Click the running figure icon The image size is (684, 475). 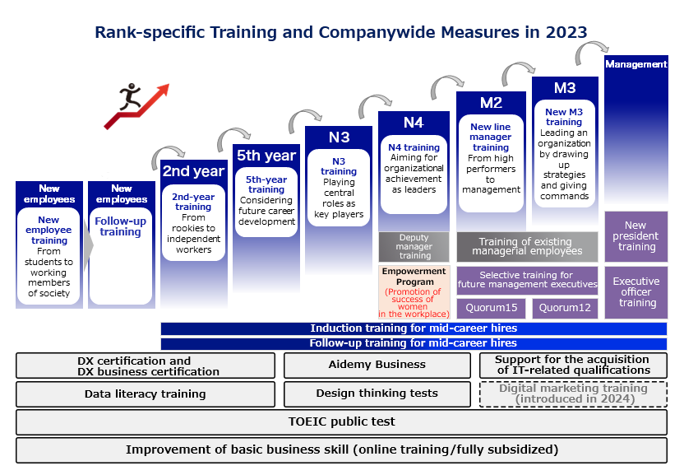click(130, 96)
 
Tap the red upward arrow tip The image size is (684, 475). click(168, 85)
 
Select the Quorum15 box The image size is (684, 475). click(491, 308)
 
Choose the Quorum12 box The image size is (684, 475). click(565, 308)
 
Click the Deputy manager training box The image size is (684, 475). click(414, 247)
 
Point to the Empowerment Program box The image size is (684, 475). click(414, 292)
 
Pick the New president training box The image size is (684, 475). click(636, 236)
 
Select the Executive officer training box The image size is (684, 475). click(636, 292)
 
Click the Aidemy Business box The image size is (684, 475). click(377, 365)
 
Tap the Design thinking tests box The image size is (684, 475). click(377, 394)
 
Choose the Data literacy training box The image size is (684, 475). click(146, 394)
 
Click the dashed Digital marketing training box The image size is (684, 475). click(573, 394)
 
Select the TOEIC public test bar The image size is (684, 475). click(341, 421)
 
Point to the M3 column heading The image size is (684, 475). click(565, 88)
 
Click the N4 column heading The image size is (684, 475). click(414, 123)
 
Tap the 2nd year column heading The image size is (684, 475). click(194, 171)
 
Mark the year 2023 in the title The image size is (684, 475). click(566, 32)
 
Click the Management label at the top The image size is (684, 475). click(636, 64)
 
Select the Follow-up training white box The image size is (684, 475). click(121, 256)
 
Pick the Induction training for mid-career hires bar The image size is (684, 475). click(414, 328)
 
